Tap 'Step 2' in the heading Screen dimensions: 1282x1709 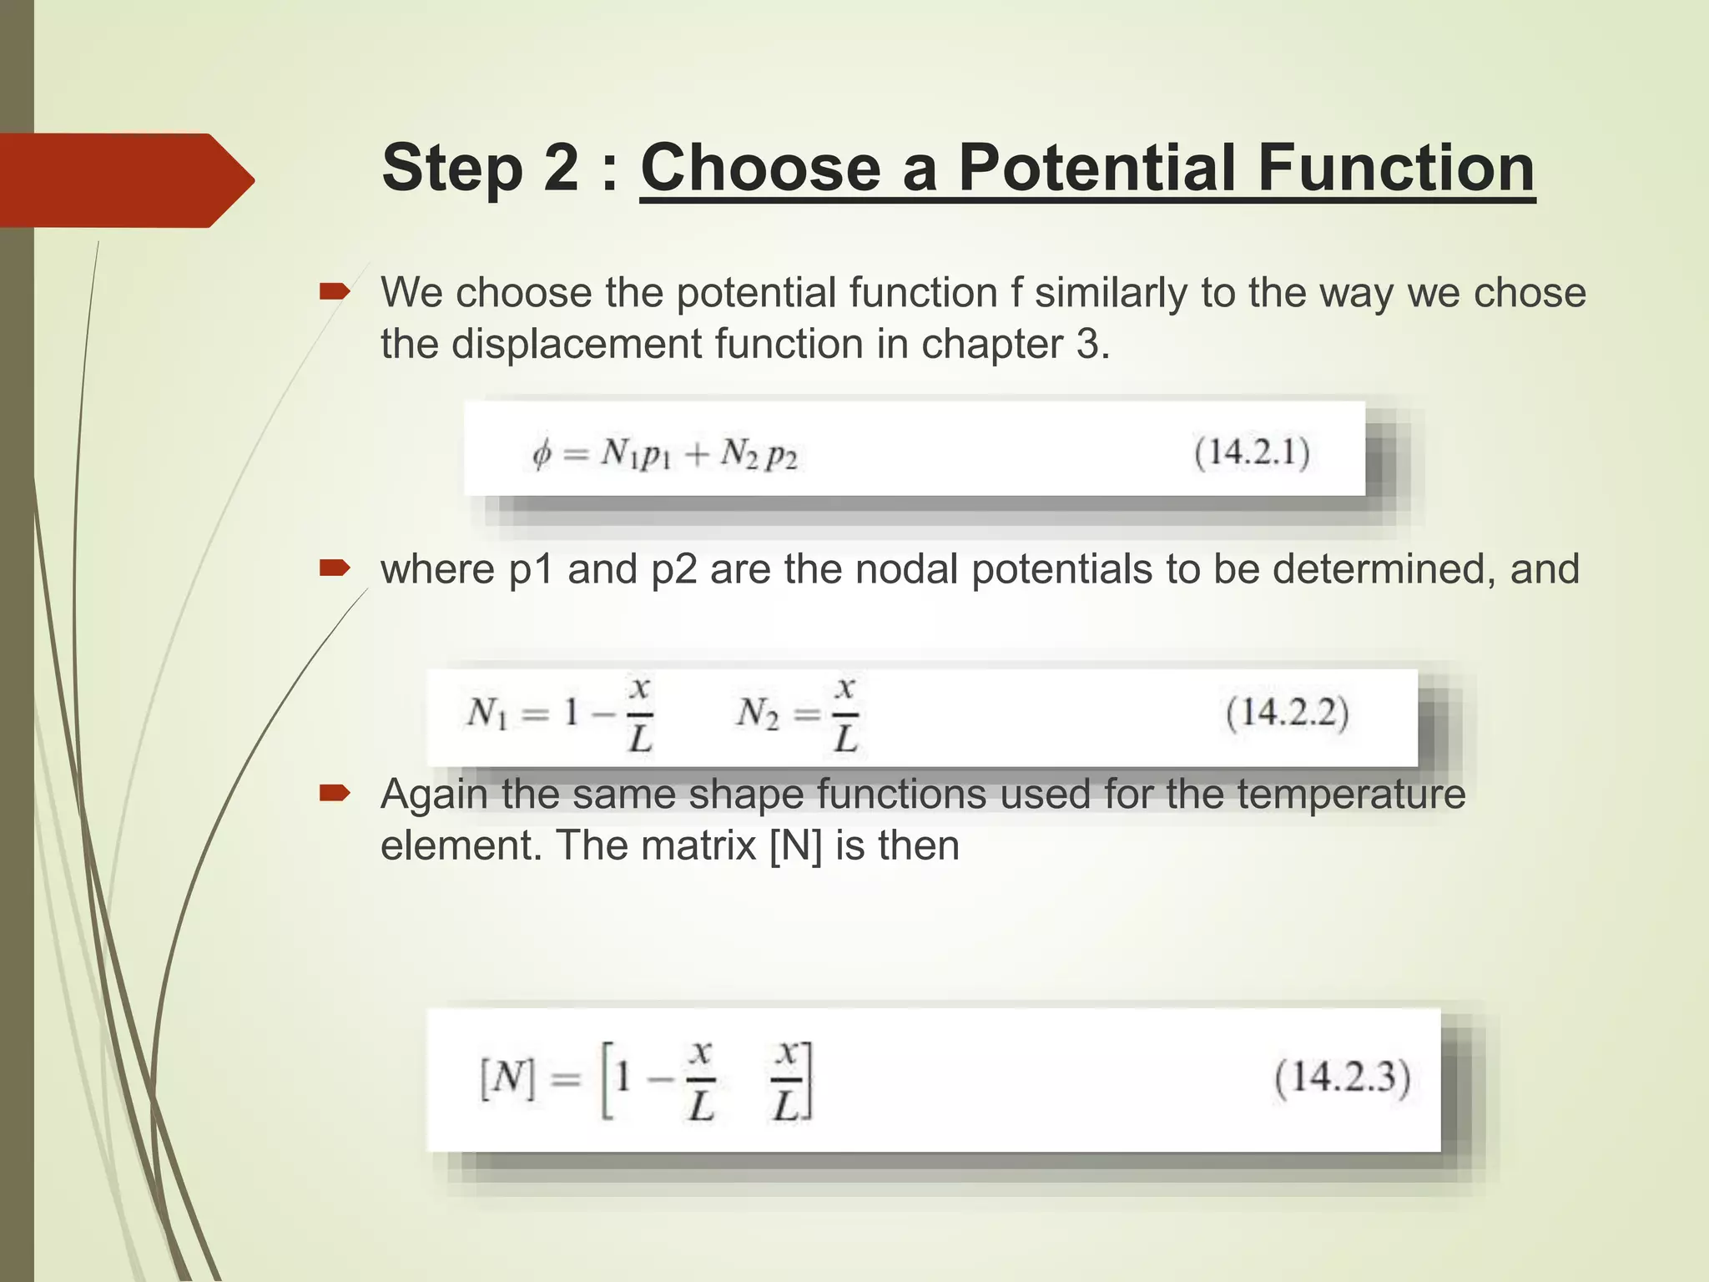click(479, 168)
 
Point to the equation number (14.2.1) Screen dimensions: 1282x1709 click(1252, 453)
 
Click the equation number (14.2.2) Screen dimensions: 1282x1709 click(1287, 714)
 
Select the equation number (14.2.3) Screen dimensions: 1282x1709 click(1342, 1078)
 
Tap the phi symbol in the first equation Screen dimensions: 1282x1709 click(542, 455)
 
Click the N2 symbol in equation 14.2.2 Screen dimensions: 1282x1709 click(757, 714)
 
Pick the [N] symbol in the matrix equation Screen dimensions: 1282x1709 click(507, 1079)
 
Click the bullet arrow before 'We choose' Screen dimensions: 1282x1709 click(334, 291)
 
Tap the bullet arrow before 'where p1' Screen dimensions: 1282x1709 click(334, 568)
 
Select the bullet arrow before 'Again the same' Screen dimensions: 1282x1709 click(334, 792)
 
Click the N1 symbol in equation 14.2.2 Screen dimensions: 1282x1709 click(487, 714)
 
